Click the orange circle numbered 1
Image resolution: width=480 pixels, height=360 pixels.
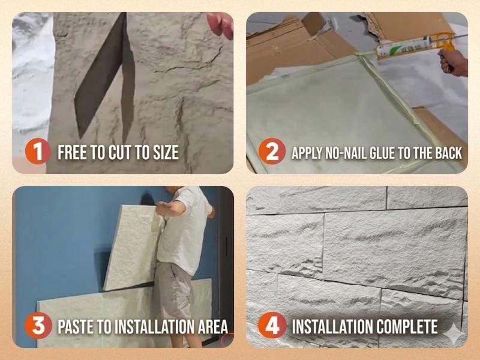coord(38,151)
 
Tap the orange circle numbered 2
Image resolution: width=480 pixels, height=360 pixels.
coord(272,151)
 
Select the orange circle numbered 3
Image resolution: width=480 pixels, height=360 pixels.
coord(38,325)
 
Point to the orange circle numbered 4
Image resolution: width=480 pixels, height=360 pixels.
coord(272,325)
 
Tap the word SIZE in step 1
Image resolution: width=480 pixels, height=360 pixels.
coord(166,152)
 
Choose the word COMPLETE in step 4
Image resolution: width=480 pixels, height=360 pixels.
coord(407,326)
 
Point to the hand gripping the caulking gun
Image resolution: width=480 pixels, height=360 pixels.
coord(453,62)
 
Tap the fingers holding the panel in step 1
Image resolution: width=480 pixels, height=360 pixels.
coord(220,25)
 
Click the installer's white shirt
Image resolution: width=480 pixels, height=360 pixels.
coord(183,230)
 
